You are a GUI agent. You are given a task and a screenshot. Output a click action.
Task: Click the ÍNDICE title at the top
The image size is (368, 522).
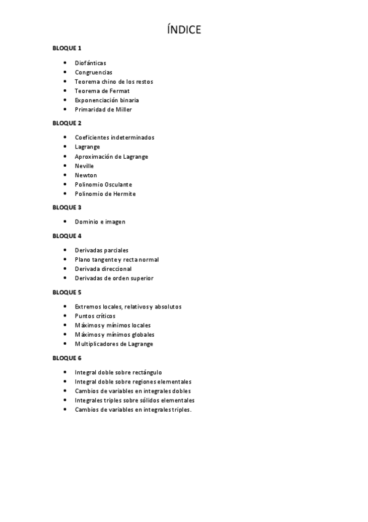click(184, 30)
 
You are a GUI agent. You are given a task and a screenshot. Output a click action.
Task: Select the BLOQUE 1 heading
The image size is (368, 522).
click(67, 48)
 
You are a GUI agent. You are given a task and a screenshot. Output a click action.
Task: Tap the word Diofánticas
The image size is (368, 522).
click(90, 63)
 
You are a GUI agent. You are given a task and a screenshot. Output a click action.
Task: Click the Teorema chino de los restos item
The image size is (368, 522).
click(114, 81)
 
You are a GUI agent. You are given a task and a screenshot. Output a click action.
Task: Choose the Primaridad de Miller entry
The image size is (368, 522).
click(103, 110)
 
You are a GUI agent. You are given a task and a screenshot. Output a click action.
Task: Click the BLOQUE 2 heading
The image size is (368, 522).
click(67, 123)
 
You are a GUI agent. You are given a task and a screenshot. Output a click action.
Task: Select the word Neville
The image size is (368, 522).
click(85, 166)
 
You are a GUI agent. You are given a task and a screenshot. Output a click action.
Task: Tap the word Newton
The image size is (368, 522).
click(86, 175)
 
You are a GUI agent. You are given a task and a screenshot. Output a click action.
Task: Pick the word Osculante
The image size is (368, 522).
click(118, 185)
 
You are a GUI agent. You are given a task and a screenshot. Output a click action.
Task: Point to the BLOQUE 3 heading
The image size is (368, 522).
click(67, 207)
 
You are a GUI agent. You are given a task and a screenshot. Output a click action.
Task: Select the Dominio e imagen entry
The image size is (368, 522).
click(100, 222)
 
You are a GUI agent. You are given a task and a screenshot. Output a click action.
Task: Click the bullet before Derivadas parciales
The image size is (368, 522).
click(66, 250)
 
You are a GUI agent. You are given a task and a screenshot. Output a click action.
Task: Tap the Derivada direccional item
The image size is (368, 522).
click(103, 269)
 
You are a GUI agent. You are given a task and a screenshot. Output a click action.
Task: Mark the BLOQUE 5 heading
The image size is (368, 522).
click(67, 292)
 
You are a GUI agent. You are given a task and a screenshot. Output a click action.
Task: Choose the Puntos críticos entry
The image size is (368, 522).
click(95, 316)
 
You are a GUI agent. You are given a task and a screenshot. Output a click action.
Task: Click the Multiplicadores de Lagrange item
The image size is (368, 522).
click(114, 344)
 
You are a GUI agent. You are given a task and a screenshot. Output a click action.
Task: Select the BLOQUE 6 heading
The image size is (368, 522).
click(67, 358)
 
